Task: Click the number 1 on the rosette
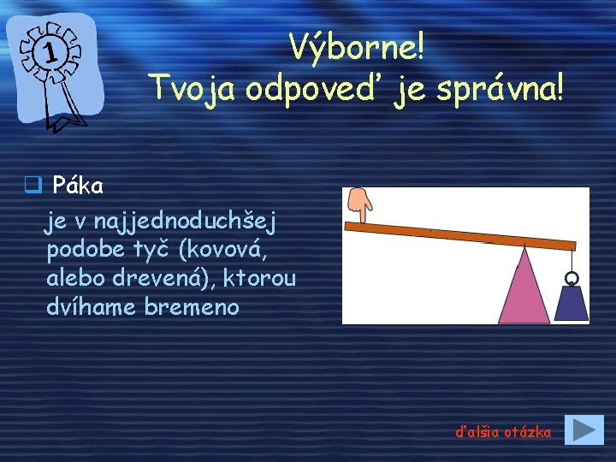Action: [50, 53]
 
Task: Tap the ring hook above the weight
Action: [572, 277]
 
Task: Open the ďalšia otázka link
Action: [503, 432]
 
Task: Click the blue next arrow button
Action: [585, 429]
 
